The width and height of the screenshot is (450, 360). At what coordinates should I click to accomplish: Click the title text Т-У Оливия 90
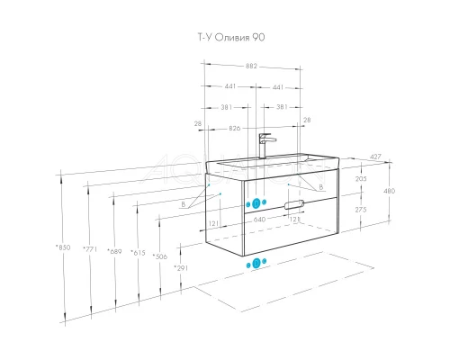click(231, 37)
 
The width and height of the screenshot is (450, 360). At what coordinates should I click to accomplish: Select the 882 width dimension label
click(251, 66)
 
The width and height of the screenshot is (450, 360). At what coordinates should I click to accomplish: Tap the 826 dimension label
click(235, 128)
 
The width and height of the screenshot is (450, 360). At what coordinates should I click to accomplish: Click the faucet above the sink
click(266, 146)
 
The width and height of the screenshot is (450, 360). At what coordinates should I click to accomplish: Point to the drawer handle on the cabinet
click(294, 204)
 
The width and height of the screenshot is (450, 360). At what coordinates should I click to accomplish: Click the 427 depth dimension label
click(375, 157)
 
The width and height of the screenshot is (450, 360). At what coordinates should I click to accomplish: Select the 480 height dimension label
click(389, 191)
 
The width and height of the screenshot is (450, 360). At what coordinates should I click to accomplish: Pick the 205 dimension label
click(361, 179)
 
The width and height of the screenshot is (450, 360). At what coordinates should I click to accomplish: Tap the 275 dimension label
click(361, 210)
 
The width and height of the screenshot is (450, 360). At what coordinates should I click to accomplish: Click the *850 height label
click(63, 247)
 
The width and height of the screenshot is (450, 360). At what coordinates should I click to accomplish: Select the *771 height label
click(90, 249)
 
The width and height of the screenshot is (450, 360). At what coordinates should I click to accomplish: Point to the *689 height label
click(114, 251)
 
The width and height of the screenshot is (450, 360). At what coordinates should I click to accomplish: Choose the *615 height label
click(138, 253)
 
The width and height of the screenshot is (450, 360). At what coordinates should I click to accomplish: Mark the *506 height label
click(160, 256)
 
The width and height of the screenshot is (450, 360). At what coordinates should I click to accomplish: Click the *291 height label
click(181, 268)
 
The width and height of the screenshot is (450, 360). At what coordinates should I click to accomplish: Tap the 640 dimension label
click(259, 220)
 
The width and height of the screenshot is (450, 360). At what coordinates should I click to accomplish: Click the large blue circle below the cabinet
click(256, 264)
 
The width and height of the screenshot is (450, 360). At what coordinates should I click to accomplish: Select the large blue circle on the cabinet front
click(256, 203)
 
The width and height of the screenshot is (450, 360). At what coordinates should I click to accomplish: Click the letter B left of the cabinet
click(184, 204)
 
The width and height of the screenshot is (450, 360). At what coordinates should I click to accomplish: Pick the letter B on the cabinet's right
click(321, 187)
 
